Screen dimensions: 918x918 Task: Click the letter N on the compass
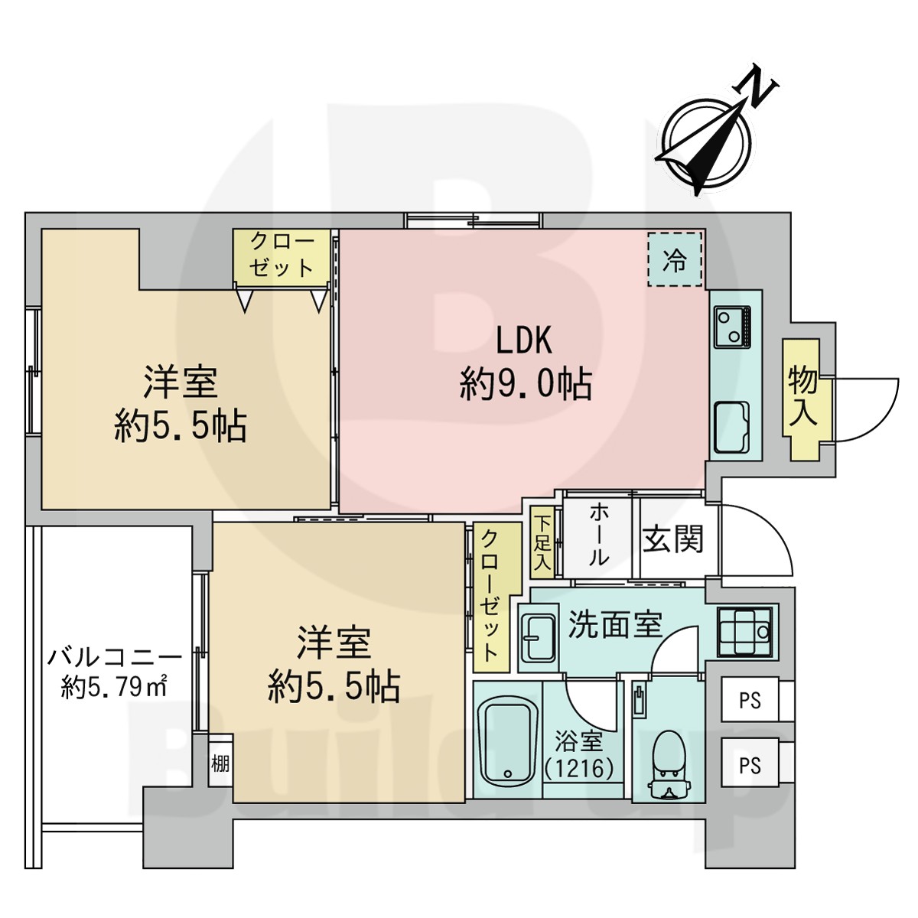(x=760, y=86)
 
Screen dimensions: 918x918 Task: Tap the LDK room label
(x=524, y=340)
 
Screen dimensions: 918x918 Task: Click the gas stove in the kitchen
(x=733, y=326)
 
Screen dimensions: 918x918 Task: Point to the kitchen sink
(x=733, y=427)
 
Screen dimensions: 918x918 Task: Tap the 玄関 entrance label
(x=672, y=539)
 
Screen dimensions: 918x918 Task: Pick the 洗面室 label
(x=614, y=624)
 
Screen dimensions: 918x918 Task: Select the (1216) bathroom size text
(x=579, y=767)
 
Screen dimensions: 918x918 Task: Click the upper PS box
(x=750, y=700)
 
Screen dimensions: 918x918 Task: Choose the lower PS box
(x=750, y=765)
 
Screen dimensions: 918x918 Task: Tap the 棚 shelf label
(x=220, y=763)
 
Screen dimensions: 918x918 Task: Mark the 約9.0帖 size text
(x=526, y=383)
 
